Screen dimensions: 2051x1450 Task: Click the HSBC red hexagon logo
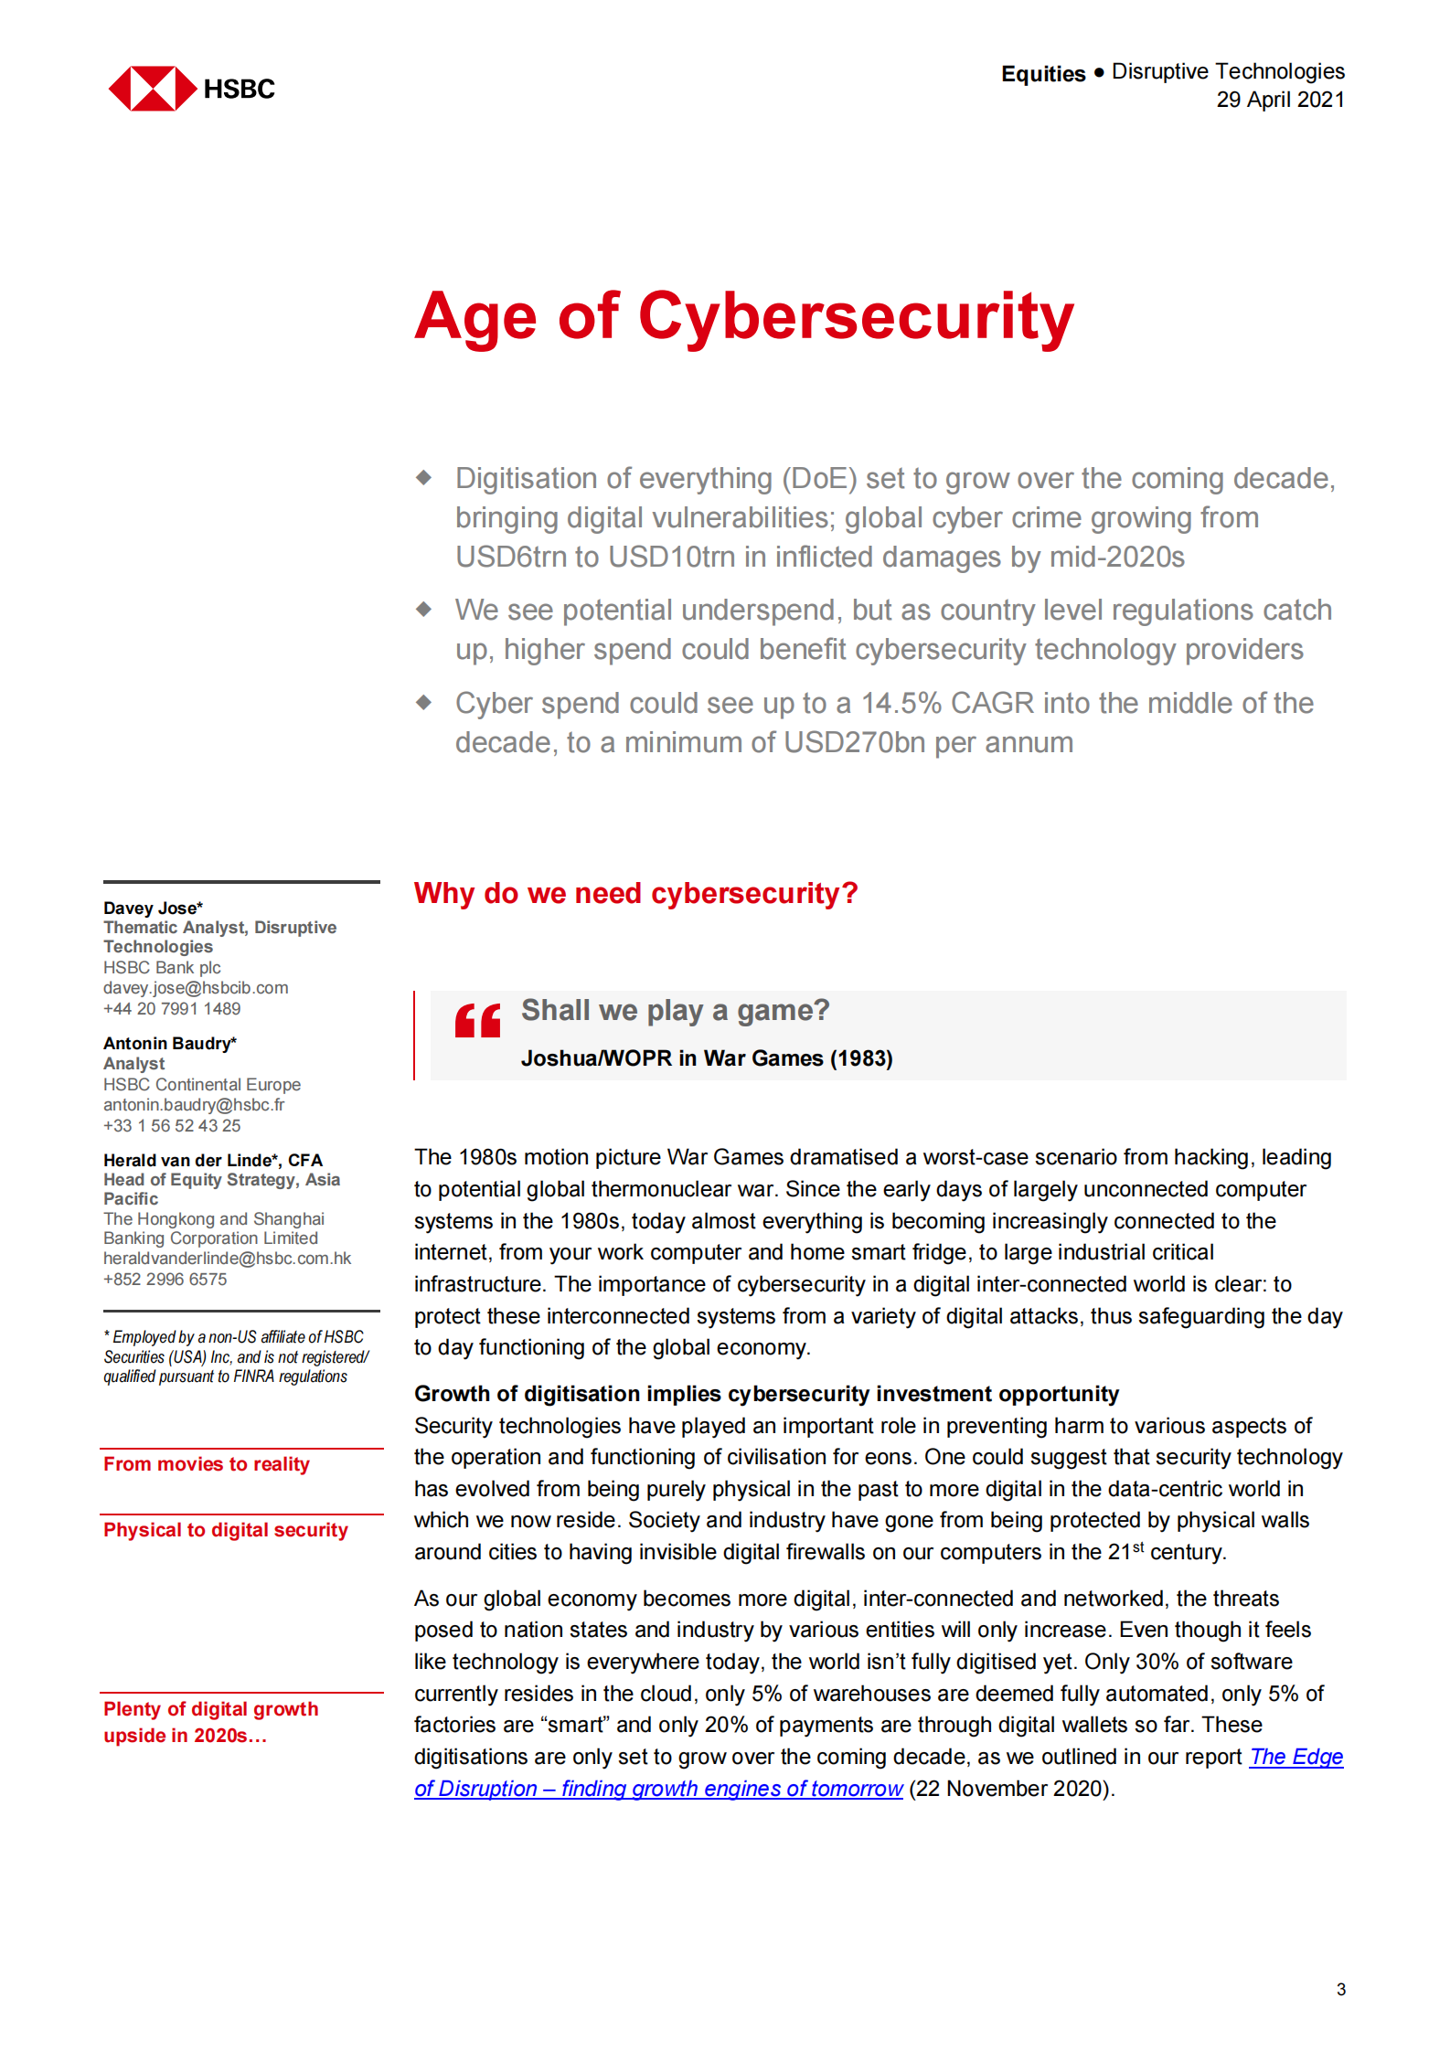pyautogui.click(x=153, y=89)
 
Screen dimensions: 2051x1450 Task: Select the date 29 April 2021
pyautogui.click(x=1279, y=100)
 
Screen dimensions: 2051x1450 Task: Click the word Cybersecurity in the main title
pyautogui.click(x=856, y=317)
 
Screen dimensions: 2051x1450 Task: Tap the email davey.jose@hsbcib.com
pyautogui.click(x=196, y=988)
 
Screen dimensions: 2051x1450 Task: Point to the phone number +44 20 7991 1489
pyautogui.click(x=172, y=1009)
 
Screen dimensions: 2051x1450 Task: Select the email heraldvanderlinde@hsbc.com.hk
pyautogui.click(x=227, y=1259)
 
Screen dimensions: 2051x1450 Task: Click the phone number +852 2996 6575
pyautogui.click(x=165, y=1280)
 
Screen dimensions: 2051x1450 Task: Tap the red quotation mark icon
pyautogui.click(x=477, y=1020)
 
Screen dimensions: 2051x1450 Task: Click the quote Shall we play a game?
pyautogui.click(x=675, y=1011)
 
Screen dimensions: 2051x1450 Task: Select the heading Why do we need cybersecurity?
pyautogui.click(x=635, y=893)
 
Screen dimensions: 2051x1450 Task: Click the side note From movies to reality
pyautogui.click(x=206, y=1464)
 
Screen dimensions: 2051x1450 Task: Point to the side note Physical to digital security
pyautogui.click(x=225, y=1530)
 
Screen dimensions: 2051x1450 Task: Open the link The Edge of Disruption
pyautogui.click(x=658, y=1789)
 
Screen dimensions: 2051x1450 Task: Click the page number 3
pyautogui.click(x=1340, y=1989)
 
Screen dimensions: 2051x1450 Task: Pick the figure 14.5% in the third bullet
pyautogui.click(x=901, y=703)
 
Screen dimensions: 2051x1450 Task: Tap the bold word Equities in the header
pyautogui.click(x=1042, y=74)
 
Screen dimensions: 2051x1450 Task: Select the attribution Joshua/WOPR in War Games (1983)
pyautogui.click(x=706, y=1058)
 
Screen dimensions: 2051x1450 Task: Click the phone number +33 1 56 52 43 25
pyautogui.click(x=172, y=1126)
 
